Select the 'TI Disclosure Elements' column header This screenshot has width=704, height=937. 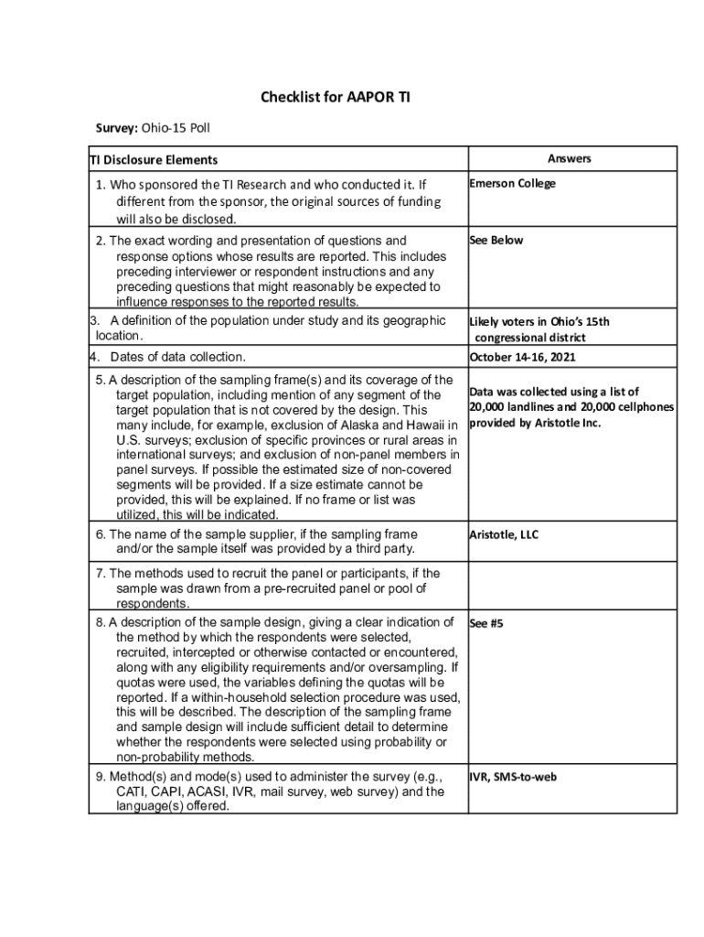(153, 160)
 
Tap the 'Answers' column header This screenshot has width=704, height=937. (570, 158)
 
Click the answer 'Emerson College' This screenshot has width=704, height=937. (512, 183)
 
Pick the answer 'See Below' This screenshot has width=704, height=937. (496, 240)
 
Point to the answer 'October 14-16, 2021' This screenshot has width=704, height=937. (522, 357)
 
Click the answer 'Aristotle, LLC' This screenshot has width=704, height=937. (504, 534)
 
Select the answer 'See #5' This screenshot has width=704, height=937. (485, 623)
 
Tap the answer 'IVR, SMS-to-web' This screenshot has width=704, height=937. (513, 777)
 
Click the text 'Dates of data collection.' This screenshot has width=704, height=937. (177, 357)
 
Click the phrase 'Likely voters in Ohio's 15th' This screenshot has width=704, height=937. (539, 321)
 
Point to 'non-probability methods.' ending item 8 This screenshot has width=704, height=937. (184, 758)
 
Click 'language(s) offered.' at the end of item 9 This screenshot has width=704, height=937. (173, 807)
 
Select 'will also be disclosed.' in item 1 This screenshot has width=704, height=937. (176, 219)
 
